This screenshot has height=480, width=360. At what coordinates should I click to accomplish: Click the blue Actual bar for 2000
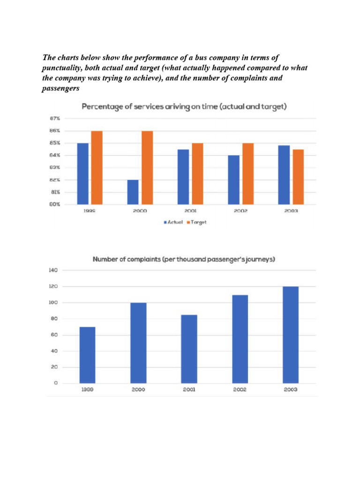133,192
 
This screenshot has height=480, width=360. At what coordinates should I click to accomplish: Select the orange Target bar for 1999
97,168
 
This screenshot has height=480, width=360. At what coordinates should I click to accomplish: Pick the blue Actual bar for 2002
233,180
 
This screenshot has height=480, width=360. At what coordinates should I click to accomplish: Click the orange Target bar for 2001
197,174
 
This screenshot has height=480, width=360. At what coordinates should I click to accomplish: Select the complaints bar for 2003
291,335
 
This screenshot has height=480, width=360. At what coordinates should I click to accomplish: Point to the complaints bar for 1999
88,355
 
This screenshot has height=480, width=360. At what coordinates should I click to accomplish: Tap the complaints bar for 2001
189,349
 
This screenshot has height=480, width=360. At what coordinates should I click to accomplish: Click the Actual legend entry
173,222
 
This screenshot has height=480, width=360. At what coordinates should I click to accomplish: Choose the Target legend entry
197,222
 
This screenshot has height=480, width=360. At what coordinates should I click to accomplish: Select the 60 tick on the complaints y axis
54,335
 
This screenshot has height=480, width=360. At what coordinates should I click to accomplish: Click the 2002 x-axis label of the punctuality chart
240,211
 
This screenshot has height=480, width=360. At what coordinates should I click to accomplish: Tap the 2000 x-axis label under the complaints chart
138,390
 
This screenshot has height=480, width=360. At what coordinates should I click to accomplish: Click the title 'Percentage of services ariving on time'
184,107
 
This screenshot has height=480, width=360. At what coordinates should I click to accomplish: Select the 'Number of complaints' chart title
184,259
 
